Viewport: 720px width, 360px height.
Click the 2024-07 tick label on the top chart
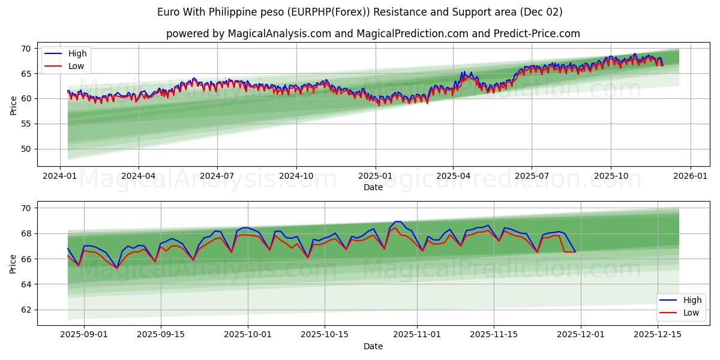click(x=217, y=176)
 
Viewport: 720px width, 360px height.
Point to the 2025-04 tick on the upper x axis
click(x=453, y=176)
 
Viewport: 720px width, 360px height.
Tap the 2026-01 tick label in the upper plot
click(x=690, y=176)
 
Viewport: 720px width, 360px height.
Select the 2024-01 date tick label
click(x=59, y=176)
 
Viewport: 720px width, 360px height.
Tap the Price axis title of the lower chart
click(x=13, y=263)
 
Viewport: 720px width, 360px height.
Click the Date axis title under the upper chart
click(x=373, y=187)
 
